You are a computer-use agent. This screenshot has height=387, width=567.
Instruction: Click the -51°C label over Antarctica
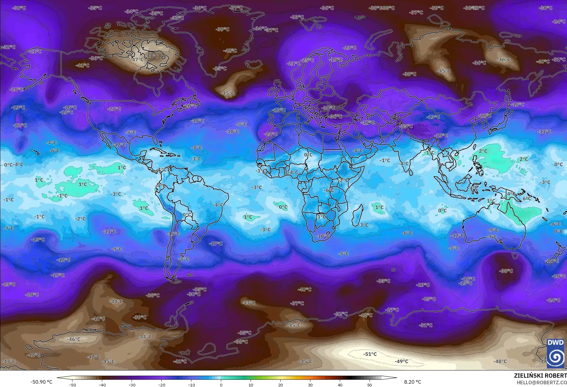pos(370,354)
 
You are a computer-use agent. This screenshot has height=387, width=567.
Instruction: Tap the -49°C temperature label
pos(401,361)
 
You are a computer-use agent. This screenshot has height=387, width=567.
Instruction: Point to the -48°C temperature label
pos(500,361)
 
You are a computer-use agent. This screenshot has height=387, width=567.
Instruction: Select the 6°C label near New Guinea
pos(527,199)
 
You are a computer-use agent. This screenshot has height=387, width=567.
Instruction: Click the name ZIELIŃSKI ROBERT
pos(540,376)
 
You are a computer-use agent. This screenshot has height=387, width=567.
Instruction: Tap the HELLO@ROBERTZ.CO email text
pos(541,382)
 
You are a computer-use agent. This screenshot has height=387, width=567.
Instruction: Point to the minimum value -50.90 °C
pos(41,382)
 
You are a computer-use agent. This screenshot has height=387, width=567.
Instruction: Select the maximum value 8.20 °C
pos(412,382)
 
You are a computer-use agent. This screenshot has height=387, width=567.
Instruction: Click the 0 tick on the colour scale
pos(221,385)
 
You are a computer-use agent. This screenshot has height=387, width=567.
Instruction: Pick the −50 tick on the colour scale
pos(72,385)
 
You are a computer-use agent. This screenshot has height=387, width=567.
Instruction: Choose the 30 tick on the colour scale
pos(310,385)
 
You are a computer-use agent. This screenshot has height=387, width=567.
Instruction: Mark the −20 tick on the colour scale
pos(162,385)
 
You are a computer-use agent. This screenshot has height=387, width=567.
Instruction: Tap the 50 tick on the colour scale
pos(370,385)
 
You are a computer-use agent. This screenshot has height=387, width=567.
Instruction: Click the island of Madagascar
pos(358,215)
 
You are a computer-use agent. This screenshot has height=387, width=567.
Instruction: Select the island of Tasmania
pos(515,256)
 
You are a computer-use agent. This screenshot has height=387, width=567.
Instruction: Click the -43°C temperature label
pos(248,303)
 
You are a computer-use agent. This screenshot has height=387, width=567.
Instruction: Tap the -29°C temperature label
pos(423,285)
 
